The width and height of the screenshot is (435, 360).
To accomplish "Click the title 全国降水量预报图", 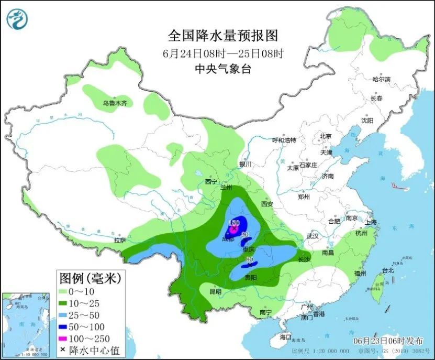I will point(222,36).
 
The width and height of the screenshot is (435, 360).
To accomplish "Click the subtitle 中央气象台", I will point(222,68).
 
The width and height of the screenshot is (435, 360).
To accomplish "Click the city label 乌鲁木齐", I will point(115,104).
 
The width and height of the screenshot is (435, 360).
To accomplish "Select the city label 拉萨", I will point(120,241).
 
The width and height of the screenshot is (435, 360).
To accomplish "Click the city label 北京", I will point(326,136).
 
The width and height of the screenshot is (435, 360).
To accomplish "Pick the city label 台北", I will point(387,271).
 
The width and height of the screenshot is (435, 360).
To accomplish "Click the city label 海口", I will point(285,336).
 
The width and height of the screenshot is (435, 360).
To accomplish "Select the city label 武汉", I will point(313,236).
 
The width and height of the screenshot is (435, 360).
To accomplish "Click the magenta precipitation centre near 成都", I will point(233,228).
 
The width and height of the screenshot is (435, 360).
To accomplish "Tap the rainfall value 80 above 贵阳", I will point(250,259).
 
